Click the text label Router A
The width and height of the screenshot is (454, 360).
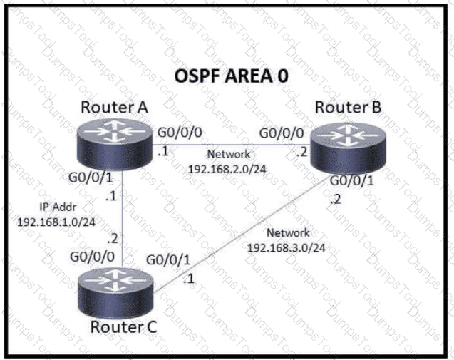[114, 107]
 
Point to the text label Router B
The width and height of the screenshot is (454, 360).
[348, 108]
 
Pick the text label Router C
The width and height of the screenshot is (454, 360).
[123, 328]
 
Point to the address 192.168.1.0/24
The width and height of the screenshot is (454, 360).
[48, 222]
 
